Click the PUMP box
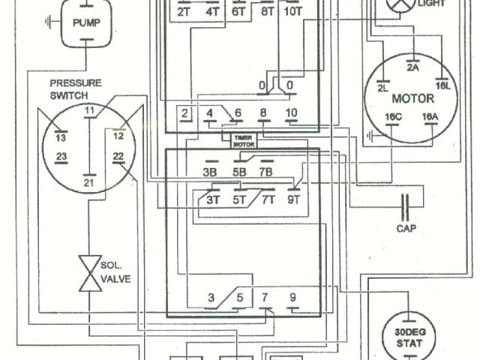89,21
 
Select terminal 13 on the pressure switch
61,139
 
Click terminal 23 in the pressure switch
61,157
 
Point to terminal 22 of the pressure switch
118,157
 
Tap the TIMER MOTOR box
244,140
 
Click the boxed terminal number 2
184,114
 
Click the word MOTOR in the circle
412,98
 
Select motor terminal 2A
412,67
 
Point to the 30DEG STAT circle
409,337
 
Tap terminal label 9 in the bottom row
292,297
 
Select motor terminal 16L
442,87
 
